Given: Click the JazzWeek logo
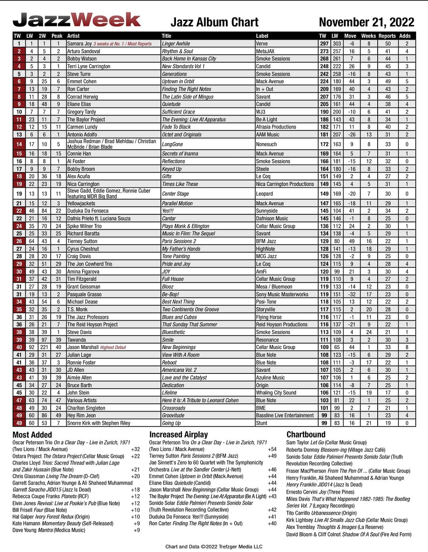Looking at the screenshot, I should pyautogui.click(x=76, y=20).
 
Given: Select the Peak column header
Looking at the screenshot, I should pyautogui.click(x=57, y=36).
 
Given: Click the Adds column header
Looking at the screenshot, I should pyautogui.click(x=405, y=36).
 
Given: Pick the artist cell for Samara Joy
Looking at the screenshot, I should pyautogui.click(x=79, y=44).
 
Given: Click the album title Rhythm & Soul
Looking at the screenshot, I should pyautogui.click(x=177, y=51).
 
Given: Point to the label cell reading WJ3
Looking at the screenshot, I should pyautogui.click(x=261, y=112).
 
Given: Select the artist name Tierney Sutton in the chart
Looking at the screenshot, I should pyautogui.click(x=82, y=241).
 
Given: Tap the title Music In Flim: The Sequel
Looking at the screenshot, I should pyautogui.click(x=189, y=234).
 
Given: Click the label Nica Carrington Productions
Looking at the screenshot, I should pyautogui.click(x=285, y=184).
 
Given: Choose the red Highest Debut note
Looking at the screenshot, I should pyautogui.click(x=113, y=348).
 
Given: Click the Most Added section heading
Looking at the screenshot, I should pyautogui.click(x=32, y=435).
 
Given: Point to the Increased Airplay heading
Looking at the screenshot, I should pyautogui.click(x=178, y=435).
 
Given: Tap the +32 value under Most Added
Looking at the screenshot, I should pyautogui.click(x=135, y=450).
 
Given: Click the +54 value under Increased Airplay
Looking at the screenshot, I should pyautogui.click(x=272, y=450).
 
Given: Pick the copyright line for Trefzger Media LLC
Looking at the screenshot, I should pyautogui.click(x=214, y=546).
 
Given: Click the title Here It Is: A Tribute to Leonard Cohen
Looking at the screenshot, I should pyautogui.click(x=200, y=400).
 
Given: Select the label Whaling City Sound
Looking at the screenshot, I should pyautogui.click(x=276, y=393).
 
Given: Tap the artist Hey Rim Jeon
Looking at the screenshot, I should pyautogui.click(x=81, y=415).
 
